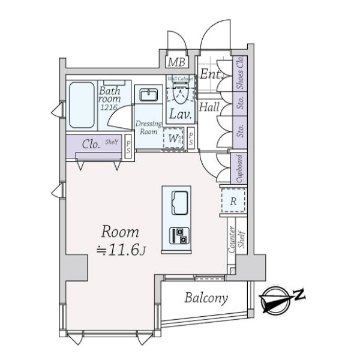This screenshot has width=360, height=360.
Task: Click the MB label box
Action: (176, 61)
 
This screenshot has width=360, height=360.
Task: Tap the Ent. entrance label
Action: (211, 75)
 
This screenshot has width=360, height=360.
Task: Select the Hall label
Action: (209, 108)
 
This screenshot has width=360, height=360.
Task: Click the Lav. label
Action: (179, 113)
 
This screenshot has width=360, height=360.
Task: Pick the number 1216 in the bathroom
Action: (109, 107)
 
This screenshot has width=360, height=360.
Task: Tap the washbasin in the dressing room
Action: (148, 95)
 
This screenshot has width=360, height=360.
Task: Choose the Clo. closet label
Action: (91, 143)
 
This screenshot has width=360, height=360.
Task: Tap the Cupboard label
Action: (239, 169)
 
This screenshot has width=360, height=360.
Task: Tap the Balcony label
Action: (205, 298)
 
